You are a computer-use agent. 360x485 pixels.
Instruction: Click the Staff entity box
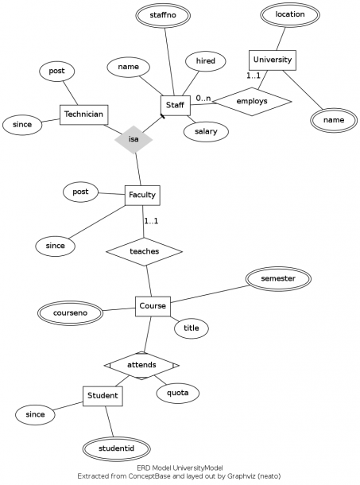click(x=176, y=106)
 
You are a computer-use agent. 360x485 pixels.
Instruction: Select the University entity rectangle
click(x=273, y=60)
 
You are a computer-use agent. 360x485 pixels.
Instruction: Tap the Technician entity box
click(x=83, y=114)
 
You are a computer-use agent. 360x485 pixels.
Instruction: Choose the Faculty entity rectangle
click(x=142, y=195)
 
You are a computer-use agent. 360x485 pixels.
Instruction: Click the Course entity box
click(x=153, y=306)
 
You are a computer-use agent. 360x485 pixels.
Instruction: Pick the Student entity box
click(x=103, y=396)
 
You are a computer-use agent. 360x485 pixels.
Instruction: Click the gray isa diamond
click(x=134, y=139)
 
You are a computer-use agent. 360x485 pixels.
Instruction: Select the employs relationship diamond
click(x=252, y=102)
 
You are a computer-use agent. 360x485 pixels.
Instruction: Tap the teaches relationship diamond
click(x=144, y=251)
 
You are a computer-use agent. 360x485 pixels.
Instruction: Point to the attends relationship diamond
click(x=141, y=366)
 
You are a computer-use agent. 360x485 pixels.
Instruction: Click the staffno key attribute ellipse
click(x=163, y=15)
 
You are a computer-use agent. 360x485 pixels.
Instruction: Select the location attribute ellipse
click(x=290, y=14)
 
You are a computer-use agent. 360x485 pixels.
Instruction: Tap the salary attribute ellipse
click(x=206, y=131)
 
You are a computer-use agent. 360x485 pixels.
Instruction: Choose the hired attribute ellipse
click(x=206, y=61)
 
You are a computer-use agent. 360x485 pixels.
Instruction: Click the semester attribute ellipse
click(x=278, y=279)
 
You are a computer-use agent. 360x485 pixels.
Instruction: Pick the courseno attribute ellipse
click(x=70, y=313)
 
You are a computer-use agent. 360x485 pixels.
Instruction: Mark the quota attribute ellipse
click(x=177, y=393)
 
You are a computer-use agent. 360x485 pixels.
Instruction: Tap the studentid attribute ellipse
click(x=117, y=448)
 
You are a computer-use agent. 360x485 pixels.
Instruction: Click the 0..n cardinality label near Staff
click(x=203, y=99)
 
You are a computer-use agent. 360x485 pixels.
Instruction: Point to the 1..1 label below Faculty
click(x=151, y=221)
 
